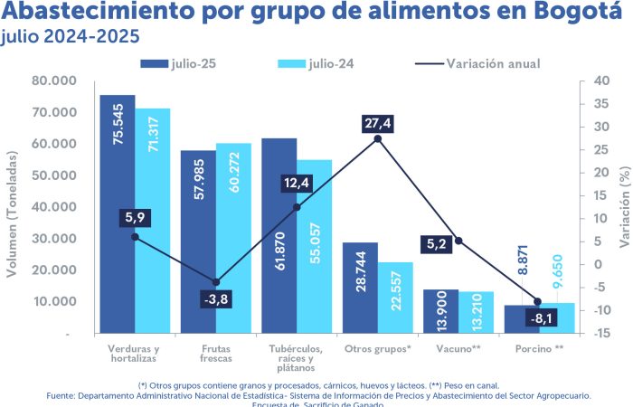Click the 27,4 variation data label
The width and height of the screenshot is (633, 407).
[x=377, y=122]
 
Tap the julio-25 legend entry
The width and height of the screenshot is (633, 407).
[x=178, y=64]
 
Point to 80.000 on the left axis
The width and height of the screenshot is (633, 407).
[x=53, y=80]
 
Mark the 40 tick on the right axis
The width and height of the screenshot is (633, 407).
[x=598, y=80]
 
